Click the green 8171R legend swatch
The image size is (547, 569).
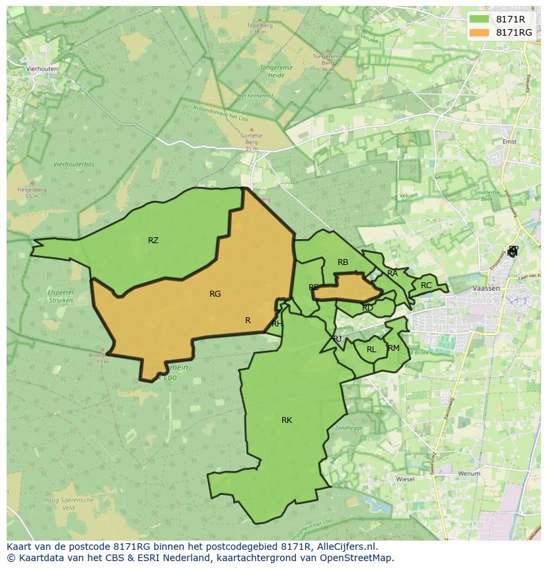click(x=479, y=19)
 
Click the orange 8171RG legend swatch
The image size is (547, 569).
click(x=479, y=32)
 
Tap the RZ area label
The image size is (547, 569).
click(x=153, y=241)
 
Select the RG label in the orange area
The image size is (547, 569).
click(x=215, y=294)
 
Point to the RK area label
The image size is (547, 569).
click(x=287, y=420)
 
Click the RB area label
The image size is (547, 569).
click(x=343, y=262)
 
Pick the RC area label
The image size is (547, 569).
click(x=426, y=285)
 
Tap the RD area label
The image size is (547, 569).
click(x=368, y=308)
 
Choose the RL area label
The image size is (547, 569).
click(x=371, y=350)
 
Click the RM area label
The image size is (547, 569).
click(x=394, y=348)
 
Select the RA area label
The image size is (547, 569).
click(x=392, y=274)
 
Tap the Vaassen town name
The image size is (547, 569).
click(x=487, y=289)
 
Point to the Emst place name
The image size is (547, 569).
click(x=509, y=141)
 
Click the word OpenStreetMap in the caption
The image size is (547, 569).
click(x=361, y=558)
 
